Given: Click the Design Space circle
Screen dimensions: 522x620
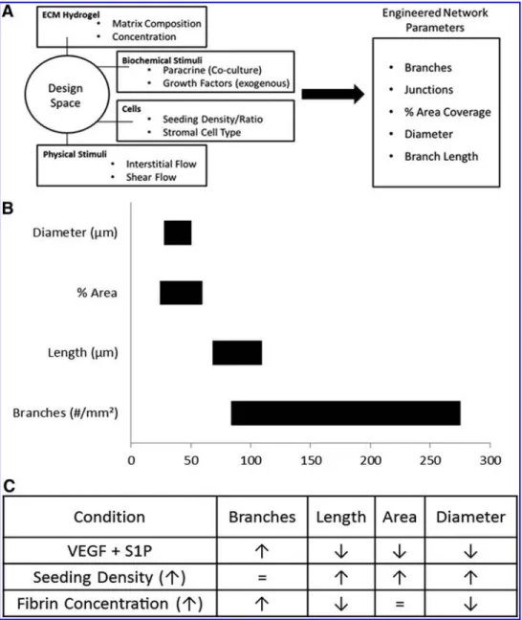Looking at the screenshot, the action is point(25,95).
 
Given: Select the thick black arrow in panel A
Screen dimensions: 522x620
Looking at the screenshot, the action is point(333,94).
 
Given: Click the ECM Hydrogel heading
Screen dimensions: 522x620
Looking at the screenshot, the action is point(71,15).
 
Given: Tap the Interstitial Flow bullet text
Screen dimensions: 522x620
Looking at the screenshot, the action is point(162,164).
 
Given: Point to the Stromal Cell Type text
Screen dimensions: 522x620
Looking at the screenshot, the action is point(202,132).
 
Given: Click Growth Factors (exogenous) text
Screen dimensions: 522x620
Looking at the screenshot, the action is point(226,83).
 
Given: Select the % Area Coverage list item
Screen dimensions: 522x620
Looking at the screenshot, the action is point(447,112).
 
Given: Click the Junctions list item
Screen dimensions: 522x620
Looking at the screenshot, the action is point(428,90).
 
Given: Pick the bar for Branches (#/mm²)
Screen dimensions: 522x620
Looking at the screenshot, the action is point(346,413).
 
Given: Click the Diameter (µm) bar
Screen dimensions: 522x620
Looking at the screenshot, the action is point(178,232).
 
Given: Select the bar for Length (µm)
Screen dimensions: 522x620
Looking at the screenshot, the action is point(237,353).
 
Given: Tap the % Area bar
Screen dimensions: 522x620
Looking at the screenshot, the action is point(181,293).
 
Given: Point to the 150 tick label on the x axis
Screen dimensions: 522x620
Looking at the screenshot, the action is point(311,460).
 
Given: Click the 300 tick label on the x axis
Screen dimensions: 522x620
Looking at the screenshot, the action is point(490,460).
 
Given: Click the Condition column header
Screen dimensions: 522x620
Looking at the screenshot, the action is point(109,518).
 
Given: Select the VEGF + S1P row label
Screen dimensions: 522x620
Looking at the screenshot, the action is point(109,551).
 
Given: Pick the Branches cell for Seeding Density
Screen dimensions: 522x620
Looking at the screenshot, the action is point(262,578).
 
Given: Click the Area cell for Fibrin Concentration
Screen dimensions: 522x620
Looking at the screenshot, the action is point(400,604).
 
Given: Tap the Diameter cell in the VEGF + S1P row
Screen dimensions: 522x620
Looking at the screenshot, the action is point(470,551).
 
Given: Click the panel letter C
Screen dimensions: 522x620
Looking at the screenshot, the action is point(10,486).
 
